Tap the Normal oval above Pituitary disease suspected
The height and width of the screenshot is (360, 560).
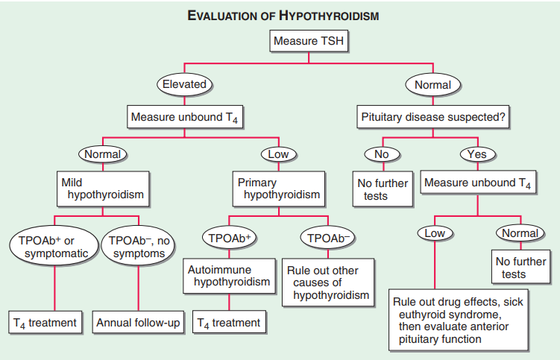(432, 84)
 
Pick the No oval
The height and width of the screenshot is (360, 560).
(382, 154)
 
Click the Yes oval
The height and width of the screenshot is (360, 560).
(477, 154)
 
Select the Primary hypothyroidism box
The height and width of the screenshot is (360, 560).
(279, 189)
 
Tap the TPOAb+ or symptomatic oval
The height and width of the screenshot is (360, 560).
(54, 247)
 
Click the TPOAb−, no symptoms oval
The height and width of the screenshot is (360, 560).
(139, 247)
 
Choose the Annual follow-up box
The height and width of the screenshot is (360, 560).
(139, 323)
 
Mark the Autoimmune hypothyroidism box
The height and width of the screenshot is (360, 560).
(229, 275)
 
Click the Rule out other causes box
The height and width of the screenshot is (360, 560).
(327, 282)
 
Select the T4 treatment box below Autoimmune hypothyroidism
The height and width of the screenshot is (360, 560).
(229, 323)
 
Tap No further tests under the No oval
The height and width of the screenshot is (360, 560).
(382, 189)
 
